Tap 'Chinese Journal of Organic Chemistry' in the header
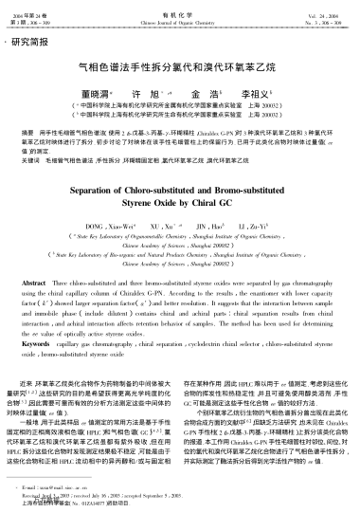[x=179, y=19]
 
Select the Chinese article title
[x=179, y=69]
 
